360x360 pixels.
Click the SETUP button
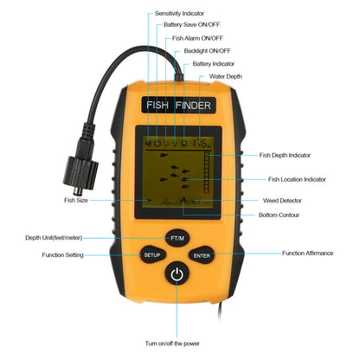tap(151, 255)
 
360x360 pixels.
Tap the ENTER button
tap(202, 255)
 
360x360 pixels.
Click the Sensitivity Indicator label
tap(180, 14)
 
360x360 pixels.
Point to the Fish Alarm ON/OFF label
tap(196, 38)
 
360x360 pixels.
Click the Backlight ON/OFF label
tap(206, 51)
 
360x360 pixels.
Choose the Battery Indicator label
tap(213, 64)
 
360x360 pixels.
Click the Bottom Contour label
tap(279, 215)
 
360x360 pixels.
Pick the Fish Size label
tap(75, 200)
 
